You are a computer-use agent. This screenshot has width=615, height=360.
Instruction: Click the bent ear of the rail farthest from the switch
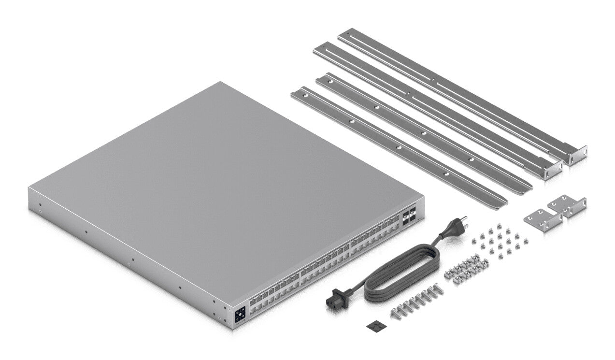pyautogui.click(x=577, y=156)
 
